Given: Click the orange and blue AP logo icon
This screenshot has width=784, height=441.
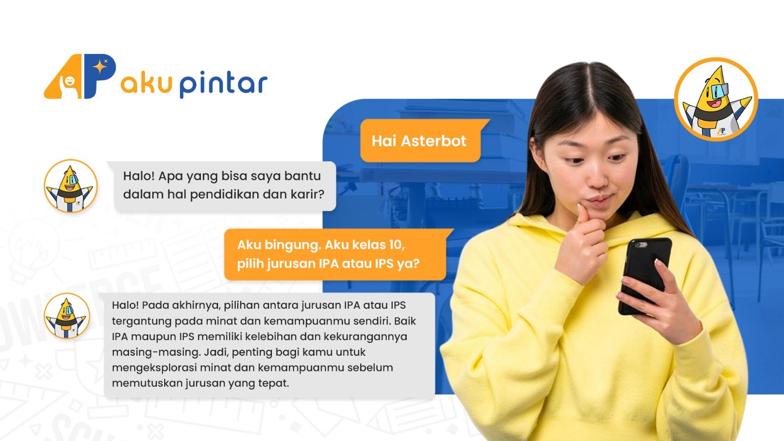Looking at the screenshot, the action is coord(80,76).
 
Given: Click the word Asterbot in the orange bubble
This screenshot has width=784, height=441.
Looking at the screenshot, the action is coord(434,141).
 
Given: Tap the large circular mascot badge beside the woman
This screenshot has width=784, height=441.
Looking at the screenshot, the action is coord(716,99).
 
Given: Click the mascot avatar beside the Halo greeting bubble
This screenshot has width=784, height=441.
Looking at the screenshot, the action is coord(71,186).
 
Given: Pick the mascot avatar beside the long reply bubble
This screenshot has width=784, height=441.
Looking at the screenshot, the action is coord(67,316).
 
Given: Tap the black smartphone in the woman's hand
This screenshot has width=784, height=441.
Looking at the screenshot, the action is coord(645,275).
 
